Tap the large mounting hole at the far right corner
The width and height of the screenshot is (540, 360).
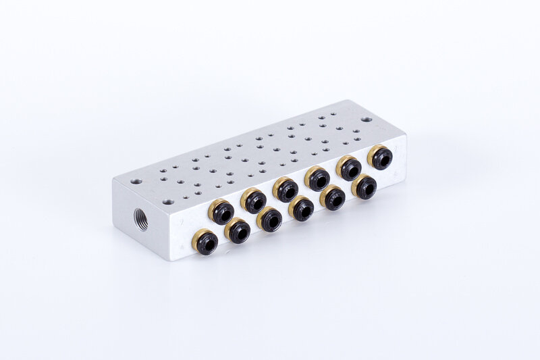point(365,119)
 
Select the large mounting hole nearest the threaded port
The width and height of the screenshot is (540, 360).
point(136,182)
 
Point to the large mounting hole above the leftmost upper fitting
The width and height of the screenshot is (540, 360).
point(167,201)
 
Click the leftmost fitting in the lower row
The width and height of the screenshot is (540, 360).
point(206,242)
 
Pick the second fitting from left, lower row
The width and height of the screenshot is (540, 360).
point(238,231)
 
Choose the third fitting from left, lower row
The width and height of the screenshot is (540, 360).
point(270,220)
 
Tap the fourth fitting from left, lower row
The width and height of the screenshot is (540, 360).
point(302,209)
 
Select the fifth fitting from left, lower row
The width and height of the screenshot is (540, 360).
point(333,198)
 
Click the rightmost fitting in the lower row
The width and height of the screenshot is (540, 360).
point(364,187)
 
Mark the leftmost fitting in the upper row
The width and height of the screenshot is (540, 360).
point(221,212)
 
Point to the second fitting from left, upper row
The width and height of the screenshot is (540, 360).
point(254,201)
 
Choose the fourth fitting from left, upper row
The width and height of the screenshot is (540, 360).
point(317,179)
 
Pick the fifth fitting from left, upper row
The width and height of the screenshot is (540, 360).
point(350,168)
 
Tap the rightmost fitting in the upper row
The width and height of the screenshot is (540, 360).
point(381,158)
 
